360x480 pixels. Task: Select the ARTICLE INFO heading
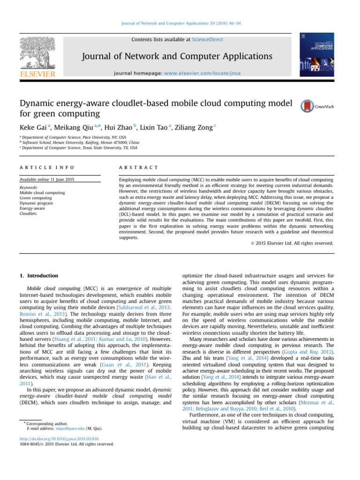[x=46, y=167]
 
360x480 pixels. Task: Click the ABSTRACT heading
[x=139, y=167]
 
